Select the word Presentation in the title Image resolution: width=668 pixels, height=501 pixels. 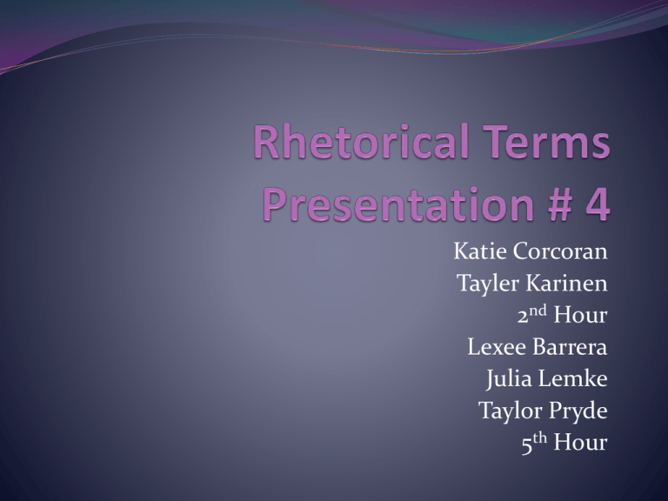pos(397,204)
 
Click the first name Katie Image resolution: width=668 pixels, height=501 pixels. pos(480,250)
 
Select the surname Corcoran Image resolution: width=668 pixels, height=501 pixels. pos(560,250)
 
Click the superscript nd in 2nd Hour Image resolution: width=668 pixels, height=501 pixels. pos(538,311)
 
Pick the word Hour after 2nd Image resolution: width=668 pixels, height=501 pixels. pos(580,315)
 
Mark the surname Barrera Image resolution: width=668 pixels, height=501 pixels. pos(570,347)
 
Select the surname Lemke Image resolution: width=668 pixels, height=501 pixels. pos(573,378)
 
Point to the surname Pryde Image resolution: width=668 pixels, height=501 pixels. pos(578,411)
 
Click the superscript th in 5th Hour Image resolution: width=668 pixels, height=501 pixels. pos(539,438)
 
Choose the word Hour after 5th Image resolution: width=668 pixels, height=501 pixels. pos(580,442)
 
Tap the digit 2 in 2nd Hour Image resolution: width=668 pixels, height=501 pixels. pos(523,317)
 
